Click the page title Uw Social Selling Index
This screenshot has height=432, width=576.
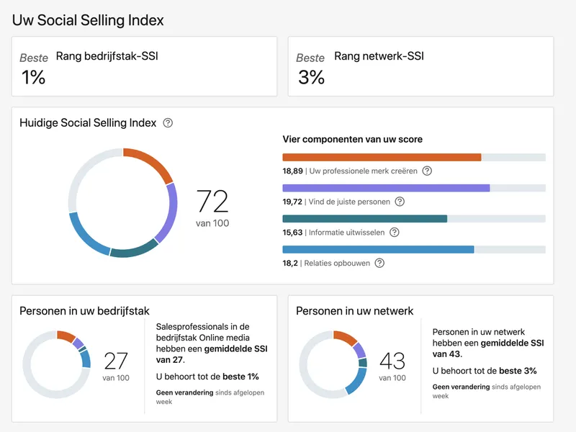[88, 20]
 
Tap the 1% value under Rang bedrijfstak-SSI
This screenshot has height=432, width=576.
[33, 77]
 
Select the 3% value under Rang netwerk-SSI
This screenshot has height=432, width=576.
[311, 77]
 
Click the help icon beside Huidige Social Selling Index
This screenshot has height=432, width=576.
[168, 122]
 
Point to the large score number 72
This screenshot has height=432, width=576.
[212, 201]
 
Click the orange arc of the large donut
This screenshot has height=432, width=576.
[153, 161]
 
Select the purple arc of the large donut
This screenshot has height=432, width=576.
[170, 213]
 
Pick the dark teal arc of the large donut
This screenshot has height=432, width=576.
[134, 249]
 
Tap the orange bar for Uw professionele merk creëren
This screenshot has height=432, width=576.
[382, 157]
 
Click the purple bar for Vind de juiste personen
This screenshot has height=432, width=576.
[386, 188]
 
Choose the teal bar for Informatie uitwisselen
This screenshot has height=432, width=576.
[365, 219]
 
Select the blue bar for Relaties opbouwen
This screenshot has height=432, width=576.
[379, 250]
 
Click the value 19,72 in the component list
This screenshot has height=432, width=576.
[292, 202]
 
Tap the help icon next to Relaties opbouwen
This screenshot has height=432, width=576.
[379, 263]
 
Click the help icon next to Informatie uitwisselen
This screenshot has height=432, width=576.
[394, 232]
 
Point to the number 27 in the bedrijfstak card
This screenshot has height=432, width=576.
[116, 361]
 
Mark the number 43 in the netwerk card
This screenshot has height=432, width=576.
[392, 361]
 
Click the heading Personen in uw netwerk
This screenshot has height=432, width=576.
[354, 311]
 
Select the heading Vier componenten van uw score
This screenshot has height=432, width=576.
[352, 139]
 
